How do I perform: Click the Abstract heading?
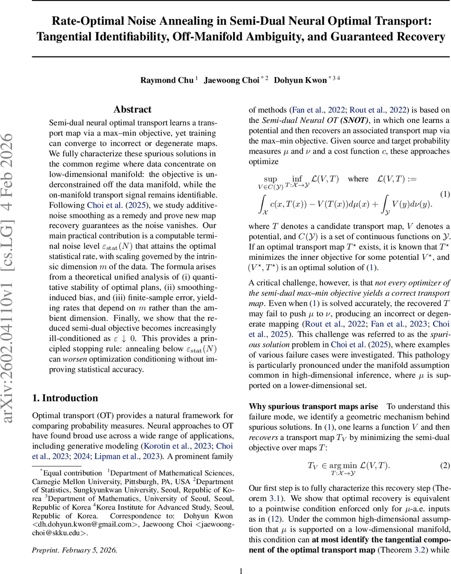[132, 110]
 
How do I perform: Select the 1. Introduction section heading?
[65, 398]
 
